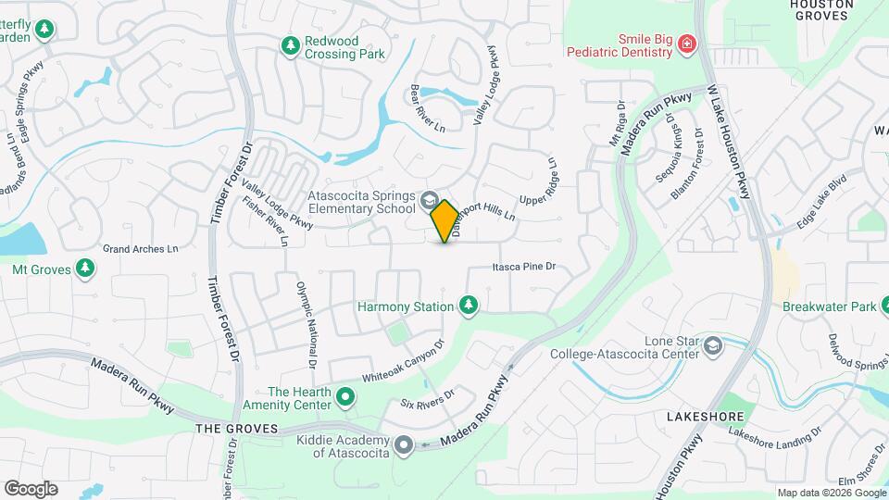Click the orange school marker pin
pos(444,221)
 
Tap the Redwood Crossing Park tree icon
pos(291,45)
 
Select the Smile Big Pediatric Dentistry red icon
pos(686,44)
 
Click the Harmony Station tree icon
pos(469,306)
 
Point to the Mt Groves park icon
pos(85,269)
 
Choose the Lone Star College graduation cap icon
pos(713,345)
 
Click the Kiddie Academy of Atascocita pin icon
pos(404,445)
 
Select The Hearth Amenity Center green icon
pos(345,398)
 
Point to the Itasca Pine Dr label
pos(523,268)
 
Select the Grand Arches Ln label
pos(140,249)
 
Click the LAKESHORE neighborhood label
pos(700,418)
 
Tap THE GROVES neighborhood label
pos(237,429)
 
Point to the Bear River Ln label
pos(427,109)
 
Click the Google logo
pos(31,488)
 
